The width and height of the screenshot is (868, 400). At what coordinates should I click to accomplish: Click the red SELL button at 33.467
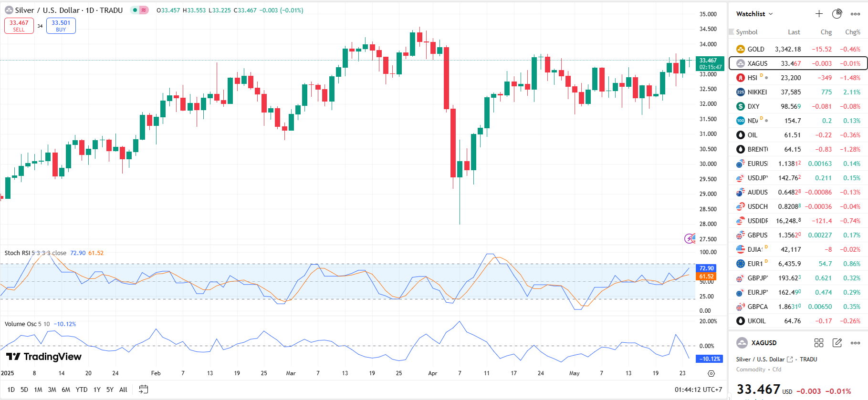tap(19, 26)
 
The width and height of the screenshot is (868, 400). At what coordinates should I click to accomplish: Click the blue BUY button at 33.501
tap(61, 26)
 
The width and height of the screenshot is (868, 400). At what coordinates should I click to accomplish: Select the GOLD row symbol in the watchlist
tap(755, 49)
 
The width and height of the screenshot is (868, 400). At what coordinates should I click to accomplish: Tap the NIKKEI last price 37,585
tap(791, 92)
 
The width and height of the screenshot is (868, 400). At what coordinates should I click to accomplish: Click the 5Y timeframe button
tap(110, 390)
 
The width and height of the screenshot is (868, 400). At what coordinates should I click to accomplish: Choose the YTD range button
tap(82, 390)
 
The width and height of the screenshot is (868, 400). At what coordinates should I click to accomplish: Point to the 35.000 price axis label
tap(708, 14)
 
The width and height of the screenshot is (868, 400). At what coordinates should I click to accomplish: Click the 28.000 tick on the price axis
tap(708, 224)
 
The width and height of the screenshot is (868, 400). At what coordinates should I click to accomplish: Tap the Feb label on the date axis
tap(156, 373)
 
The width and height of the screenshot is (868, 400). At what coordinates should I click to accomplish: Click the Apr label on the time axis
tap(433, 373)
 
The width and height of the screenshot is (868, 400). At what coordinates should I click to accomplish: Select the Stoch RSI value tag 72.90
tap(706, 268)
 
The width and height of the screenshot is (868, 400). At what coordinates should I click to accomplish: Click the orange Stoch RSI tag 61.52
tap(706, 277)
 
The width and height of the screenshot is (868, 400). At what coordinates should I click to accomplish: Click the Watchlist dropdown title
tap(754, 14)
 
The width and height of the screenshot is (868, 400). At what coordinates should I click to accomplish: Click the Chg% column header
tap(852, 32)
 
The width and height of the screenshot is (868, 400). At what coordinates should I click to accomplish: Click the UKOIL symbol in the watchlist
tap(756, 321)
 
